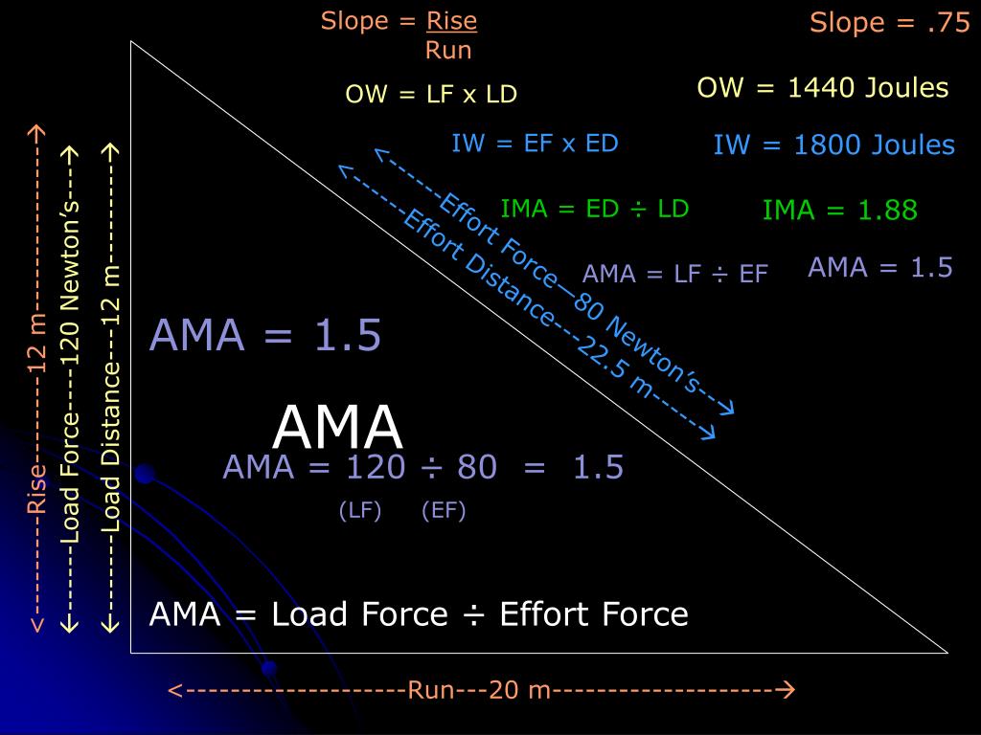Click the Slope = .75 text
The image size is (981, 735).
[890, 23]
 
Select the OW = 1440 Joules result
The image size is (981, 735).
[822, 88]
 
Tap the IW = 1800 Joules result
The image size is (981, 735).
[833, 145]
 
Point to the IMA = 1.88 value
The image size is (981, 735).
[839, 211]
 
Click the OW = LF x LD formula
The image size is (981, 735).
[431, 94]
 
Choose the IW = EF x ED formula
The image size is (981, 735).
[535, 144]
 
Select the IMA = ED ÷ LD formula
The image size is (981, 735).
[595, 209]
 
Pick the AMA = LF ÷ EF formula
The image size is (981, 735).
[674, 274]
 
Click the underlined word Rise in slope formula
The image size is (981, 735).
[451, 21]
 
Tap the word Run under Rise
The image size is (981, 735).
[448, 50]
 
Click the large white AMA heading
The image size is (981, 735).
[337, 428]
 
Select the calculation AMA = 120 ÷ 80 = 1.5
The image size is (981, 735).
[422, 468]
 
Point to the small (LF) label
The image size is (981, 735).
[360, 511]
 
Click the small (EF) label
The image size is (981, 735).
[444, 511]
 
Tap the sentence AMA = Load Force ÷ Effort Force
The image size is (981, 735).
[419, 613]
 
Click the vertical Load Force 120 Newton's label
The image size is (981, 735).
[70, 383]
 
